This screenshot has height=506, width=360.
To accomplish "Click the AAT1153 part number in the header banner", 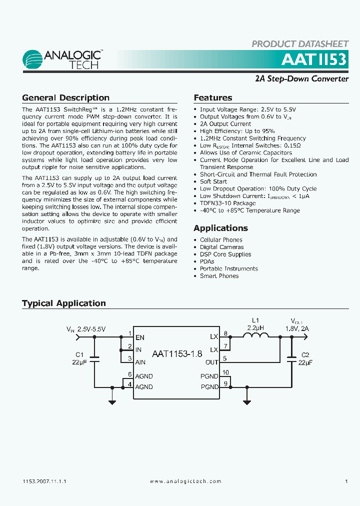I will [x=313, y=59].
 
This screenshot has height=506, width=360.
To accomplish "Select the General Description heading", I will [x=65, y=98].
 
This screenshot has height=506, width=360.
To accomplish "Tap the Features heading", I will [x=213, y=98].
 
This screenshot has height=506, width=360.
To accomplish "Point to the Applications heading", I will [x=220, y=228].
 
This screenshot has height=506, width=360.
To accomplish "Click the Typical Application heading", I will [x=64, y=303].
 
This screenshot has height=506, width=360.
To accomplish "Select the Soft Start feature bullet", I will [x=213, y=181].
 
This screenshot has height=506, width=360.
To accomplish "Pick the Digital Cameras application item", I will [x=222, y=247].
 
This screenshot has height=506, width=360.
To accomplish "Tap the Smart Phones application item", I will [x=219, y=276].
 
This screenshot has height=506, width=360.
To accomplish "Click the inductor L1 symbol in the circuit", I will [x=255, y=337].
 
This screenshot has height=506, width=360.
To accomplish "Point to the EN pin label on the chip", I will [x=140, y=338].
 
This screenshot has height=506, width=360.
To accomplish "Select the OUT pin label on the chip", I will [x=212, y=362].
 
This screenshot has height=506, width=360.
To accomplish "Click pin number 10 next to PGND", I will [x=226, y=372].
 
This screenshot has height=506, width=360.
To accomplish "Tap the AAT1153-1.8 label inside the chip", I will [x=177, y=353].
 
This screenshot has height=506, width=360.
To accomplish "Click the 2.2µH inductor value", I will [x=255, y=327].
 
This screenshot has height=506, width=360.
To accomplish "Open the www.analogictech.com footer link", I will [x=185, y=481].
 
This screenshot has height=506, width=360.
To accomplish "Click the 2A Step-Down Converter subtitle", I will [x=301, y=78].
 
